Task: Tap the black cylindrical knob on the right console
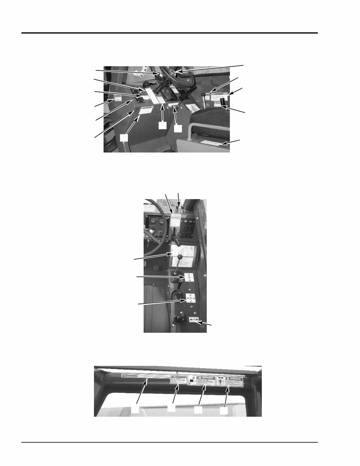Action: [223, 102]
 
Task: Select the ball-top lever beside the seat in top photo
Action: [203, 94]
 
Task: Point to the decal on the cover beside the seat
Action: [211, 144]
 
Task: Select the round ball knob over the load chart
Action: [179, 256]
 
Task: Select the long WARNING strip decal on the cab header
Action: [145, 376]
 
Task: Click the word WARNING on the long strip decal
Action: [129, 375]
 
